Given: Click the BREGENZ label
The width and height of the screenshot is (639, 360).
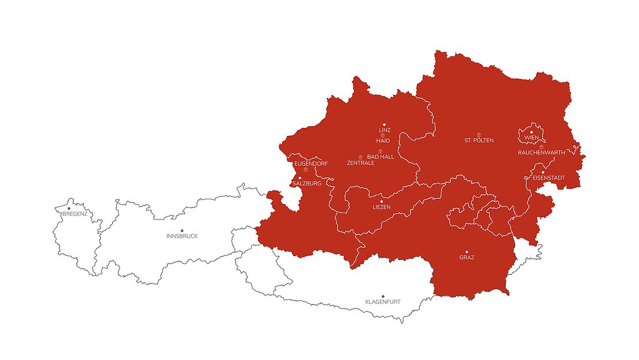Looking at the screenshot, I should coord(75,214).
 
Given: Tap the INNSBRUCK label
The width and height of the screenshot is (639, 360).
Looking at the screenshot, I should coord(182,237).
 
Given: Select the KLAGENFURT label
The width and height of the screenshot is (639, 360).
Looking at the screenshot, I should coord(383,302).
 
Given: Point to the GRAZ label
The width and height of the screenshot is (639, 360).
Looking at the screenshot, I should coord(467,258).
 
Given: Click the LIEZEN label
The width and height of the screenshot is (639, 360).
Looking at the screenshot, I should coord(382,207).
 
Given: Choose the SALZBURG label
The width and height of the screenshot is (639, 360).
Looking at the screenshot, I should coord(306,184).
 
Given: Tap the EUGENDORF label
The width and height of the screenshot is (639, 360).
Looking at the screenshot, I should coord(311,164).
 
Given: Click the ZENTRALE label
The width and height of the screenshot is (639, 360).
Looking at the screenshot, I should coord(361,163).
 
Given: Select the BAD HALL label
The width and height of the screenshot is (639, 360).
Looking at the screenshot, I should coord(381,157).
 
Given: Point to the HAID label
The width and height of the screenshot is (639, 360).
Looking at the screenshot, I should coord(383,141).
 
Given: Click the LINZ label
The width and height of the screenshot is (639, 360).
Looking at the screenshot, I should coord(385,130).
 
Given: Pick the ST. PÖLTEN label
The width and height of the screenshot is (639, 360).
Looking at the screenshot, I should coord(479,141).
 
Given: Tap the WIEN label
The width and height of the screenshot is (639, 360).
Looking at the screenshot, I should coord(531,138).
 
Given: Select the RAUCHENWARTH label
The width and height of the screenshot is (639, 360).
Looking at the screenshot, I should coord(541,153).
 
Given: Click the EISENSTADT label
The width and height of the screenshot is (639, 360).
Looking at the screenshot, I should coord(549,178).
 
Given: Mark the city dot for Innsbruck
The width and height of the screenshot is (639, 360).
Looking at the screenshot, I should coord(182,230).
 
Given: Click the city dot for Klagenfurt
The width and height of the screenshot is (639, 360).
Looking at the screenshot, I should coord(383,296).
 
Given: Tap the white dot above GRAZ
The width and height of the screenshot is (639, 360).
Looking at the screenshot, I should coord(467,252).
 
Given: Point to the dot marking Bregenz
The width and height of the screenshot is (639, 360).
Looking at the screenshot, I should coord(69,208).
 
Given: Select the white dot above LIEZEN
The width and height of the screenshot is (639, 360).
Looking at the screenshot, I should coord(382,201).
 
